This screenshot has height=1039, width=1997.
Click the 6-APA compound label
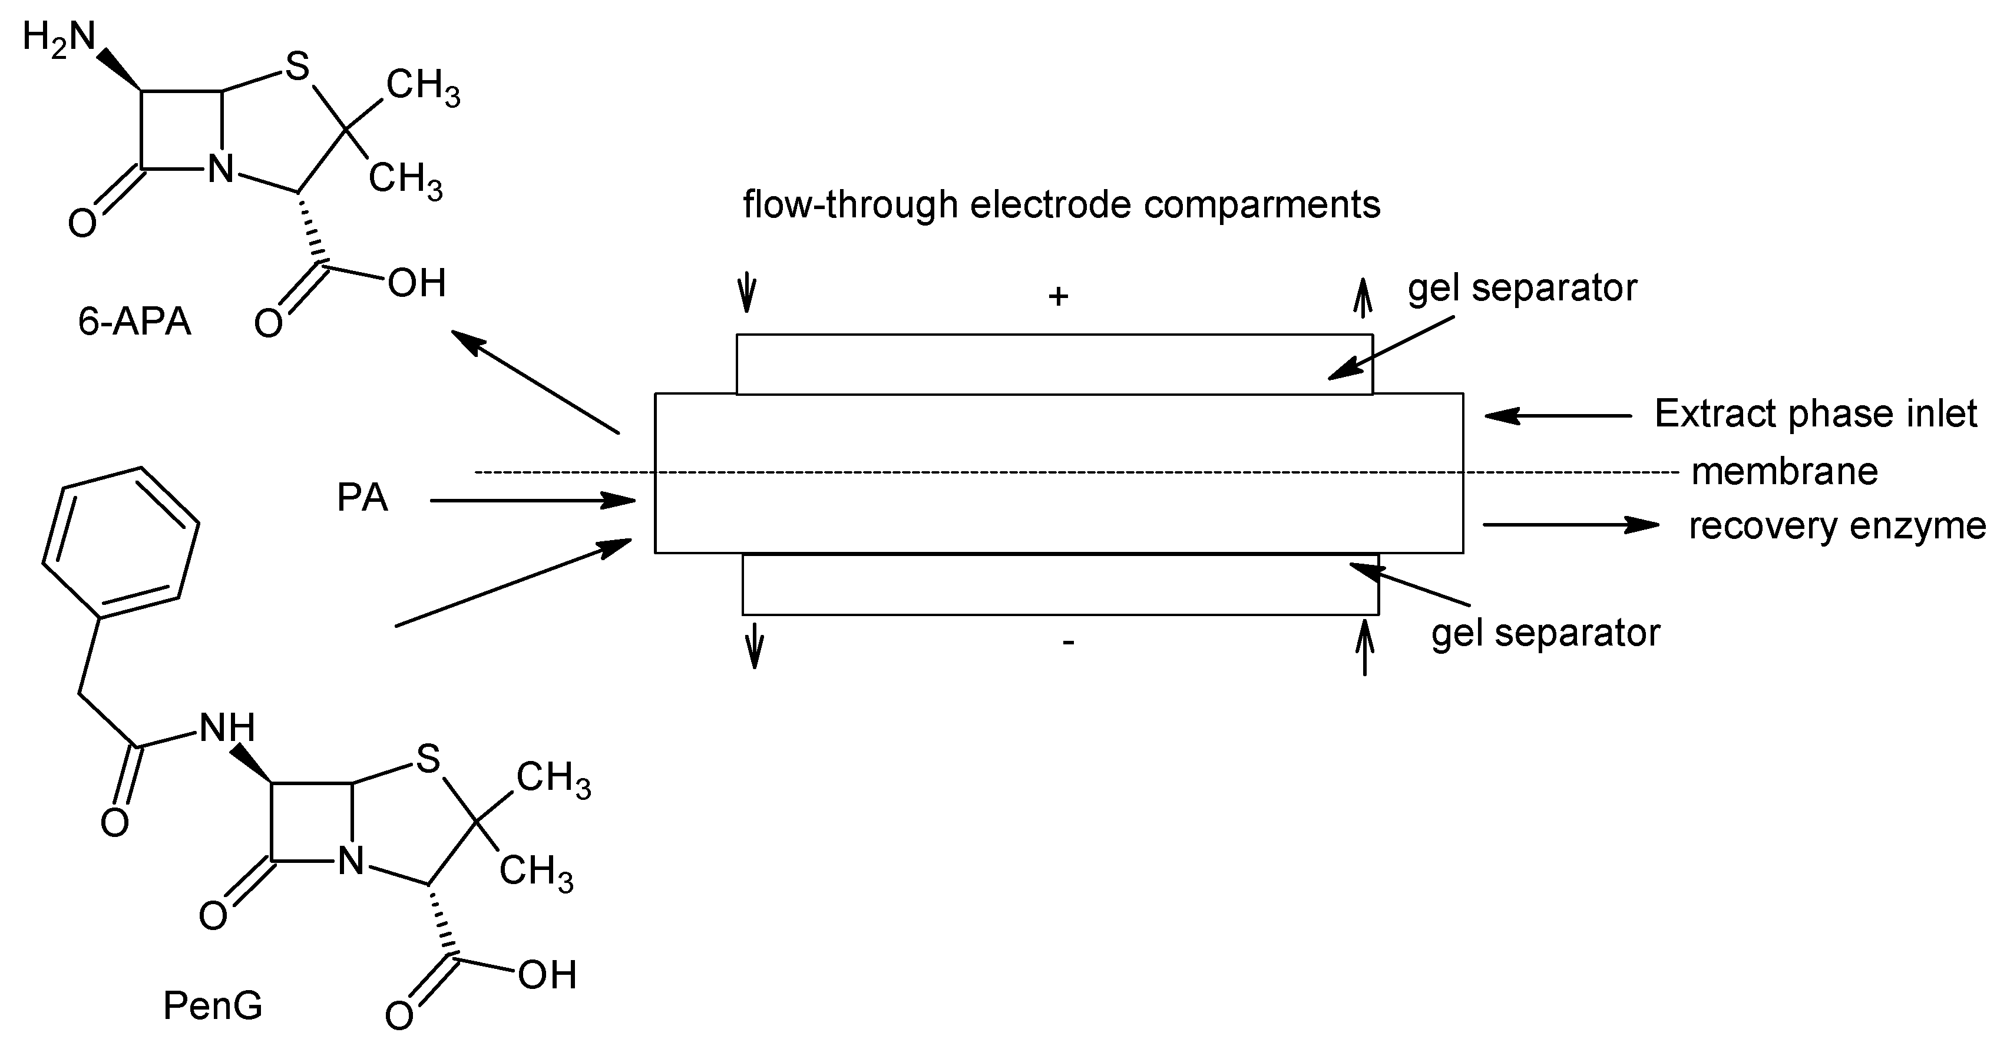[134, 321]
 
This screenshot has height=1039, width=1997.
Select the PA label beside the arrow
[362, 498]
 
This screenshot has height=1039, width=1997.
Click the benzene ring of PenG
[120, 542]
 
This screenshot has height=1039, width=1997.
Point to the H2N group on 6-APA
[59, 37]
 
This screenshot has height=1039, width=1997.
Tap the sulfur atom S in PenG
[428, 759]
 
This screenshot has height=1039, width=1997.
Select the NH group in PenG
[227, 728]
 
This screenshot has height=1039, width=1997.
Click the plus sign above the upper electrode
[1058, 296]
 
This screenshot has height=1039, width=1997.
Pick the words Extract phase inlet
[1815, 414]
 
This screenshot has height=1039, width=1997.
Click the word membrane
[1784, 471]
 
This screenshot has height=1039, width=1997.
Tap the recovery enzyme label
[1837, 526]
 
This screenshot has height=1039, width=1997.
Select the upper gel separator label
[1522, 289]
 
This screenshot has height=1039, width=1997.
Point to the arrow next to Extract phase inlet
[1558, 416]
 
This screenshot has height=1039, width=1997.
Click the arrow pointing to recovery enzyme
[1571, 525]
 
